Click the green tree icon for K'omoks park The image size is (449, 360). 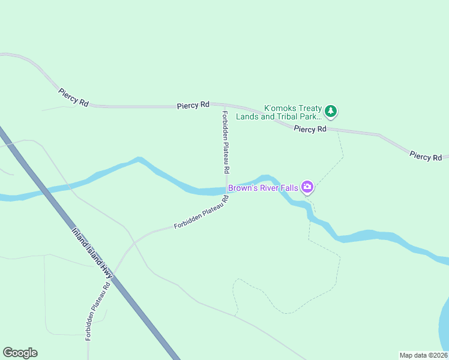click(x=331, y=111)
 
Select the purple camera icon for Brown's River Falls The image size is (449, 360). click(x=307, y=188)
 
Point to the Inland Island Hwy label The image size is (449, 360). click(x=92, y=253)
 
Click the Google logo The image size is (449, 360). click(x=20, y=353)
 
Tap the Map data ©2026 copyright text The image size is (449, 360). click(x=423, y=355)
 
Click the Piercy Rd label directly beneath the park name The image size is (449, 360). click(x=310, y=129)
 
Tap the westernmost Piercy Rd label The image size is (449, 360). click(x=73, y=97)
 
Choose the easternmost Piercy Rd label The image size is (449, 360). click(x=426, y=156)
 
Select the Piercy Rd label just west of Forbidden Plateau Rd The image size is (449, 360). click(x=193, y=105)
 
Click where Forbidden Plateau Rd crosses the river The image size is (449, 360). click(x=227, y=191)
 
